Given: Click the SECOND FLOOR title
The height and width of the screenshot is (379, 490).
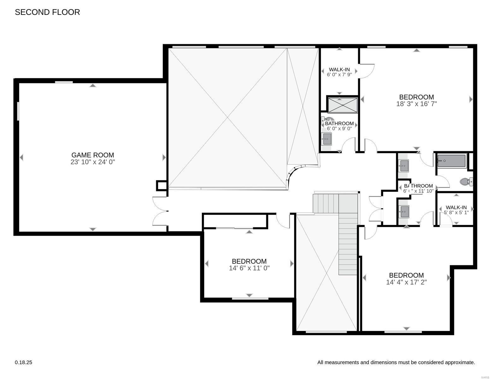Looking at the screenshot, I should click(47, 12).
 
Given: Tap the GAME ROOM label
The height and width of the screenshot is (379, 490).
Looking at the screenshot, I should click(92, 155).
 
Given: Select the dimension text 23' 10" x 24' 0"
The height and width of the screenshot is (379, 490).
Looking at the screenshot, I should click(92, 162).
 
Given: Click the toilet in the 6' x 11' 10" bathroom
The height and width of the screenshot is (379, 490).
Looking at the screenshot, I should click(465, 182).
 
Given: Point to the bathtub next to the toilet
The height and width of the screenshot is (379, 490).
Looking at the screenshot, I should click(451, 161).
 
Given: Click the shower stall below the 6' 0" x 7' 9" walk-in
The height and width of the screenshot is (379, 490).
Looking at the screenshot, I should click(343, 105).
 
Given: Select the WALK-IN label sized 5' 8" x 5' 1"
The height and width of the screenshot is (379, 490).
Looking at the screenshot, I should click(456, 207).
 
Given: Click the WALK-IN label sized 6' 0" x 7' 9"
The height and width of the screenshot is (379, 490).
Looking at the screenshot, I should click(339, 69).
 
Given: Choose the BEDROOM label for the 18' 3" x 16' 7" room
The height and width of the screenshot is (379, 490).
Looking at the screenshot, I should click(416, 97).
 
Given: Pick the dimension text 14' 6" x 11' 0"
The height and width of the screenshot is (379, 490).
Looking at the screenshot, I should click(249, 268).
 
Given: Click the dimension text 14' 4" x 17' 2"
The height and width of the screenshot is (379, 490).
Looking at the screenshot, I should click(406, 282).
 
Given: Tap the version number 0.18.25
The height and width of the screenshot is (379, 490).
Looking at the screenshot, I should click(23, 363).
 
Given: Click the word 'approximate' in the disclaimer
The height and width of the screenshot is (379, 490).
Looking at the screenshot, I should click(459, 363).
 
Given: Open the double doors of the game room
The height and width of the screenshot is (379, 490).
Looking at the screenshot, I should click(160, 211).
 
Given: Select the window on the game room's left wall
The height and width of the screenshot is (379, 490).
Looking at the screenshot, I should click(18, 111).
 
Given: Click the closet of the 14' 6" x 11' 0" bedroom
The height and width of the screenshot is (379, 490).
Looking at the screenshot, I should click(235, 221).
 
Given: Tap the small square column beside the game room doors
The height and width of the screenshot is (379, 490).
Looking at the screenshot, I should click(161, 185).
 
